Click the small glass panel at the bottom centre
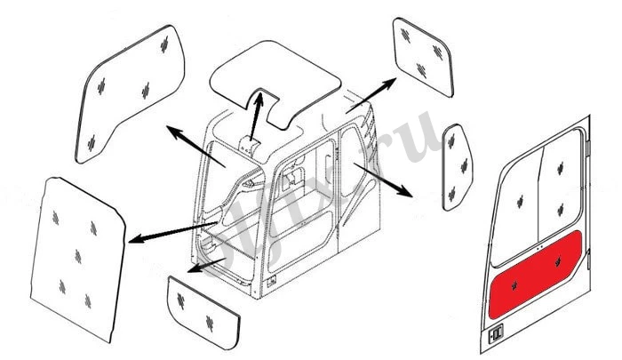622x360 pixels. click(203, 307)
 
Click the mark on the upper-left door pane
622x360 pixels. click(516, 196)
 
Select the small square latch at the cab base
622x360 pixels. click(270, 283)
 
